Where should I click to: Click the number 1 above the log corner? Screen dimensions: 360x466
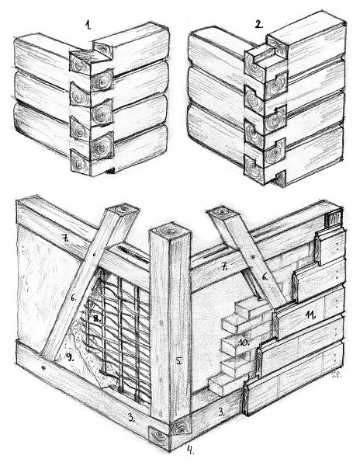[88, 25]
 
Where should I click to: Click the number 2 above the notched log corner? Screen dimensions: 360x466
[259, 23]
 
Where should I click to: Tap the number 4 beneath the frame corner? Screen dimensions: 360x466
[190, 450]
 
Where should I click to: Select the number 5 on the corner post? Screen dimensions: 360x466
[178, 361]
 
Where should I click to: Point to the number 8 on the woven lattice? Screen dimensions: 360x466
[97, 319]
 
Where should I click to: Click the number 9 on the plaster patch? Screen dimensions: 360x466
[70, 358]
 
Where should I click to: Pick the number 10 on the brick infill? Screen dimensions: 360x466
[244, 343]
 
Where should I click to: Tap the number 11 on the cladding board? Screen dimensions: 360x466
[310, 315]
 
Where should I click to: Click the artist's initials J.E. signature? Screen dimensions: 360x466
[337, 375]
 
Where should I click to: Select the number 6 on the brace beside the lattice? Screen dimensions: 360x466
[73, 297]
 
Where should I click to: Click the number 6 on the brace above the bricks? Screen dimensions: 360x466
[265, 277]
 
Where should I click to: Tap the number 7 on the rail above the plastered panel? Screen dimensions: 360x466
[64, 238]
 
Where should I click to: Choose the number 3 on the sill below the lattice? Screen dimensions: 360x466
[131, 419]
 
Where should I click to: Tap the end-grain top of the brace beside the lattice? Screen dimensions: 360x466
[123, 210]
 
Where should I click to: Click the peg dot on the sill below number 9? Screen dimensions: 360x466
[44, 369]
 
